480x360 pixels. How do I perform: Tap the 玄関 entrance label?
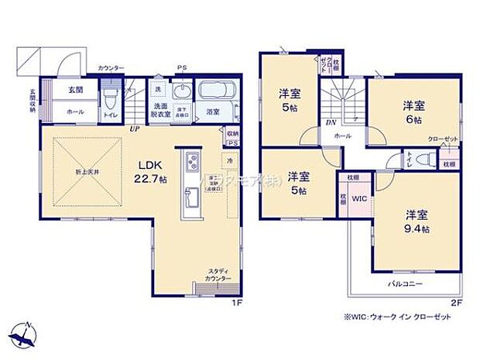click(x=75, y=90)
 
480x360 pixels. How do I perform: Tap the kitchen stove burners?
click(x=190, y=163)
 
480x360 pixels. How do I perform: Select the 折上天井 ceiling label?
click(x=87, y=171)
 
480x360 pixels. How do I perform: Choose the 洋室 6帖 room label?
click(x=413, y=114)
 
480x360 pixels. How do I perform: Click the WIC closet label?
click(x=358, y=199)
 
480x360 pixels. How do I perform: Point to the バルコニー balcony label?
click(x=405, y=284)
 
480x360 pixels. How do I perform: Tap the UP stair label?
click(x=135, y=129)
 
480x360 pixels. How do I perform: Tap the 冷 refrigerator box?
click(x=230, y=159)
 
